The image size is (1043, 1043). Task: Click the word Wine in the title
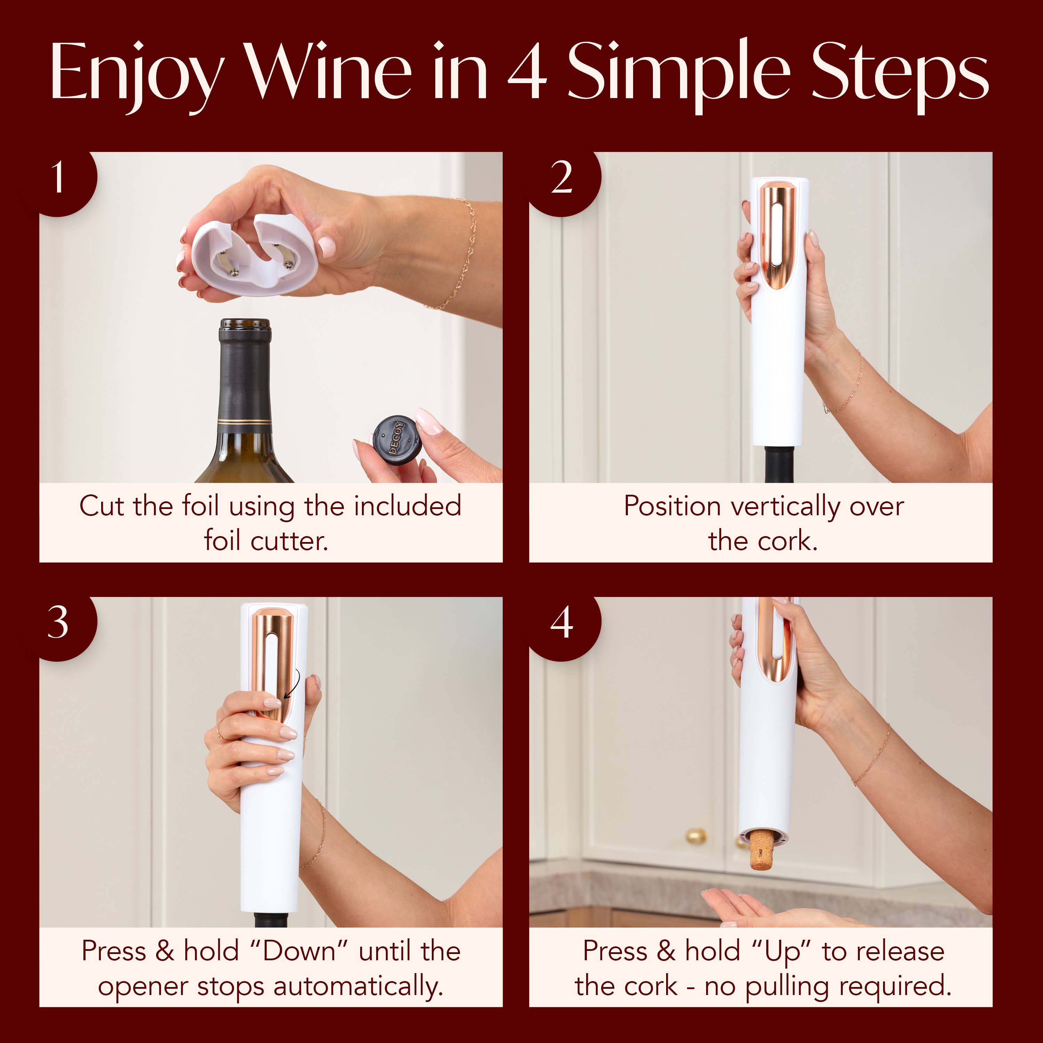329,73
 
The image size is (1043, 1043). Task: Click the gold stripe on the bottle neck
244,421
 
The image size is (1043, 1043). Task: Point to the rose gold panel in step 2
777,232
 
